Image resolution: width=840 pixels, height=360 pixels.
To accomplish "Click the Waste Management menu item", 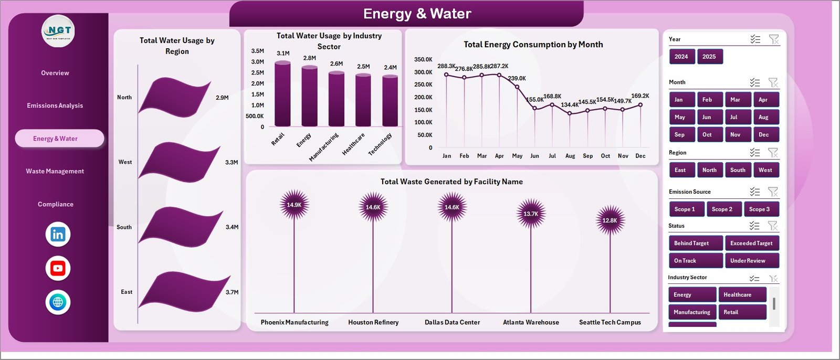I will click(x=55, y=171).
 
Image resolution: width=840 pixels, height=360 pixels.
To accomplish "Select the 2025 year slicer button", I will click(x=709, y=57).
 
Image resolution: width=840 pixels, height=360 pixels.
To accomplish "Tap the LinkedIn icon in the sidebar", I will click(x=58, y=235).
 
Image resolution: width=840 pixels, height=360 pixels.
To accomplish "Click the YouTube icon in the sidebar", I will click(x=58, y=268).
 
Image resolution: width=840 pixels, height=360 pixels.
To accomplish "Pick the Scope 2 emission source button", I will click(x=723, y=209).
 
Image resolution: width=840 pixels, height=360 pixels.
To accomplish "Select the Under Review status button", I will click(x=751, y=261).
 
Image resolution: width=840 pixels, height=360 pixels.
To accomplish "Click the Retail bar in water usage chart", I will click(x=282, y=94).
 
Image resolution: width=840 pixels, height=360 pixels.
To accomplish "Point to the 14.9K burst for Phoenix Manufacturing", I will click(x=294, y=205).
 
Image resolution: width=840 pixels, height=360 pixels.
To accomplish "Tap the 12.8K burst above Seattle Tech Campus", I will click(x=610, y=220).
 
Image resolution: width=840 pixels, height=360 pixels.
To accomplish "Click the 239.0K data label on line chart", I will click(x=517, y=78).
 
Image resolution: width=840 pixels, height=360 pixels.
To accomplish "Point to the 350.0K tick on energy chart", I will click(x=423, y=59).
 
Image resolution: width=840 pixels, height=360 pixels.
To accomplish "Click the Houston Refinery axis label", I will click(x=373, y=322).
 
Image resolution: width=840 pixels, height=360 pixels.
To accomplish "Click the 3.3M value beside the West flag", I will click(x=232, y=163).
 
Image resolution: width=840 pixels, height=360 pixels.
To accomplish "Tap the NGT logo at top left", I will click(x=58, y=31).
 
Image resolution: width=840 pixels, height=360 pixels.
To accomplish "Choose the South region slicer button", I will click(x=738, y=170).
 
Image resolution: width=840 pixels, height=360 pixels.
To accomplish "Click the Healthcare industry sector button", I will click(x=741, y=295).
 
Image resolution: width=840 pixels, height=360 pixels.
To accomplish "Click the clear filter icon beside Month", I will click(x=773, y=82).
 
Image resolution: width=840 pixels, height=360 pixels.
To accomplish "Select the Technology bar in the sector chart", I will click(x=390, y=101).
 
